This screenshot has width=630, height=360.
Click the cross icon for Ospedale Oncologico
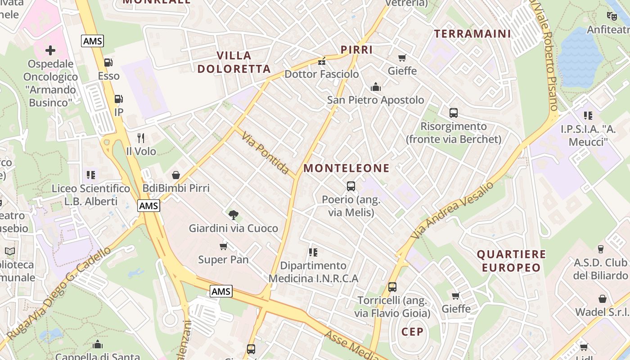tap(50, 50)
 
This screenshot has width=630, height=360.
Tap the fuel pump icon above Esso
tap(108, 63)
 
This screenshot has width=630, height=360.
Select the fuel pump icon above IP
tap(118, 99)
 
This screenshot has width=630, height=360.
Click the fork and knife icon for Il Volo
tap(141, 138)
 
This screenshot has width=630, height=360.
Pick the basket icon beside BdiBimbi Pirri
tap(176, 175)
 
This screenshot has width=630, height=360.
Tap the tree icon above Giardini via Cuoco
tap(233, 215)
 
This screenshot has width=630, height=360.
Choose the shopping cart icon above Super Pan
tap(223, 246)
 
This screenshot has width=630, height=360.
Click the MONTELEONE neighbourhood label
tap(346, 168)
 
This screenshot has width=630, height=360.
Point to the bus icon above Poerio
tap(351, 186)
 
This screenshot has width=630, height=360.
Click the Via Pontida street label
tap(265, 153)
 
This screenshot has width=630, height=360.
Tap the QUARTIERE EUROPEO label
tap(511, 261)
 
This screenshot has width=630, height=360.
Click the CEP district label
tap(412, 332)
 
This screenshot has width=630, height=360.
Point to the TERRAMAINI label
tap(472, 34)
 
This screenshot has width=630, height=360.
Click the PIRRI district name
tap(356, 49)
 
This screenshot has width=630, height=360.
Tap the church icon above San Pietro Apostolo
tap(376, 87)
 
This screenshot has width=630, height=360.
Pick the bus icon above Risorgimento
tap(454, 113)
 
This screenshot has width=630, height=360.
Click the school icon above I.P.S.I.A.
tap(588, 116)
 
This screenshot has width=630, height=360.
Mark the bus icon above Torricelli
tap(392, 287)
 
